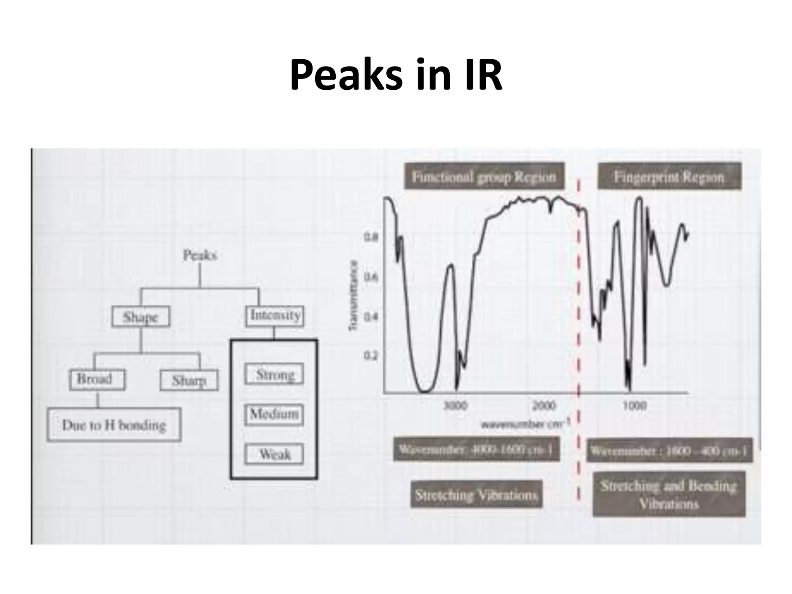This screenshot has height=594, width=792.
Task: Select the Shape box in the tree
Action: click(x=141, y=317)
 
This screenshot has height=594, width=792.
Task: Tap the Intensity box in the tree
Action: click(x=275, y=316)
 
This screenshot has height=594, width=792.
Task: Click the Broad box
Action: click(x=97, y=379)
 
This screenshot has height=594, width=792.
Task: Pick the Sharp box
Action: click(x=189, y=380)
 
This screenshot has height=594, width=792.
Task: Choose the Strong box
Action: click(x=274, y=374)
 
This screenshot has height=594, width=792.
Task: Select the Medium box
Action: click(x=274, y=415)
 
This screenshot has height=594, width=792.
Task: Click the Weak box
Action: click(x=274, y=454)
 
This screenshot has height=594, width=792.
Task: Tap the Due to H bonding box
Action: click(x=114, y=425)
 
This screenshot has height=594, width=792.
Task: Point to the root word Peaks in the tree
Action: click(x=200, y=255)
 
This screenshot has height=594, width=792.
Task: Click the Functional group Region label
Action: click(x=484, y=177)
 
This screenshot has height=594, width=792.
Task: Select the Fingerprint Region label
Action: click(x=669, y=177)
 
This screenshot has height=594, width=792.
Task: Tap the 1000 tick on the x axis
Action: click(x=634, y=405)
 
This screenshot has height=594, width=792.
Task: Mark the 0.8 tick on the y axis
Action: click(x=369, y=237)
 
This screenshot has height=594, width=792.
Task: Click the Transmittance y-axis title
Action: click(x=353, y=296)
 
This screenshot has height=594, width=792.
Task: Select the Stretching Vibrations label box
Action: click(x=476, y=495)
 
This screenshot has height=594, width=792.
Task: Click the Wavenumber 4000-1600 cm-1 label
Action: click(x=476, y=449)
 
